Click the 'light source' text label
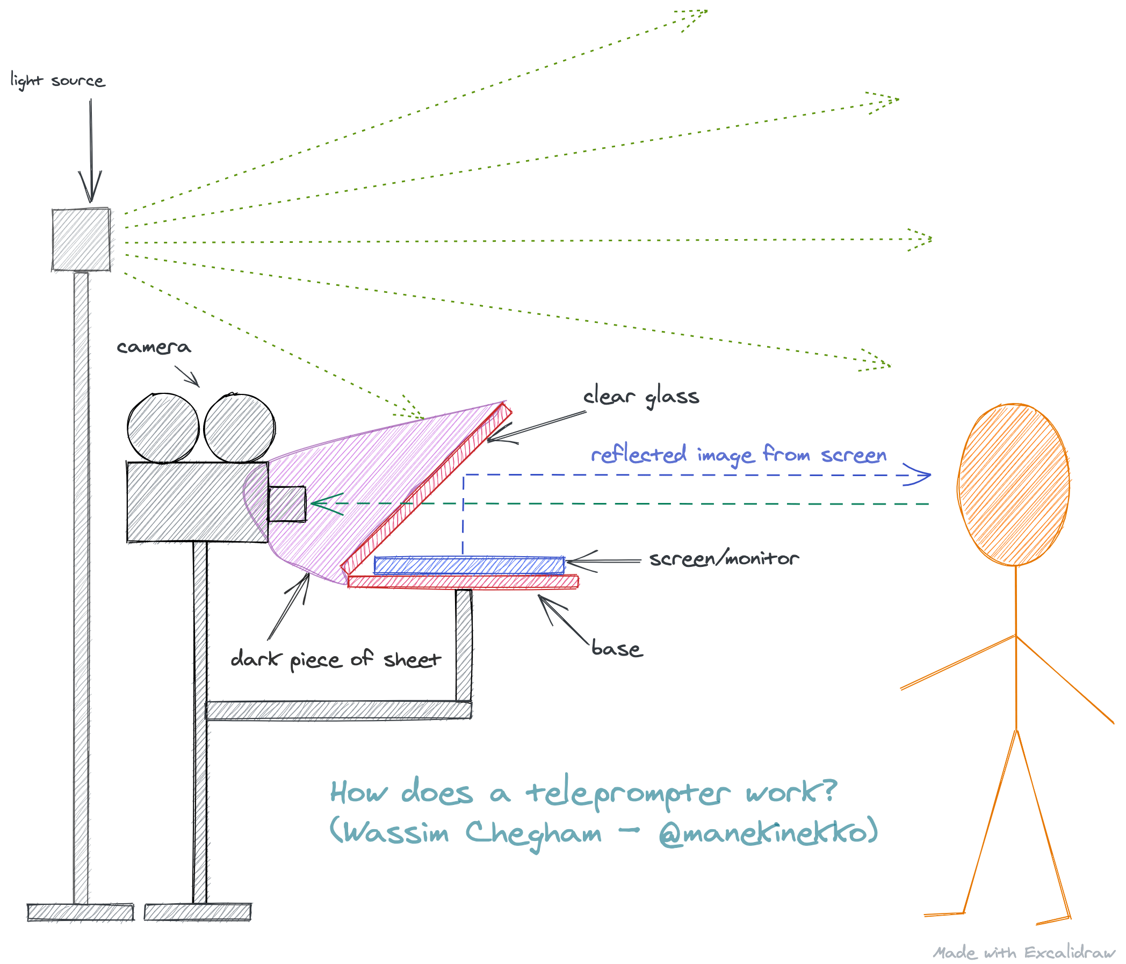pyautogui.click(x=57, y=81)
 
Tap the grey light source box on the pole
pyautogui.click(x=82, y=240)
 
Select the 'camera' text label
pyautogui.click(x=154, y=347)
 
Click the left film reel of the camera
pyautogui.click(x=163, y=428)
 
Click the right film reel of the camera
pyautogui.click(x=239, y=428)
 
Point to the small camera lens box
pyautogui.click(x=287, y=504)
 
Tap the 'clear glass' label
pyautogui.click(x=641, y=397)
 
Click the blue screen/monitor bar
pyautogui.click(x=469, y=565)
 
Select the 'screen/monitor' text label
pyautogui.click(x=723, y=559)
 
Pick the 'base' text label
pyautogui.click(x=617, y=649)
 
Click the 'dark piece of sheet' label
pyautogui.click(x=335, y=659)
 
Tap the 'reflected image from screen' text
pyautogui.click(x=738, y=455)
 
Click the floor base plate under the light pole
pyautogui.click(x=81, y=912)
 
